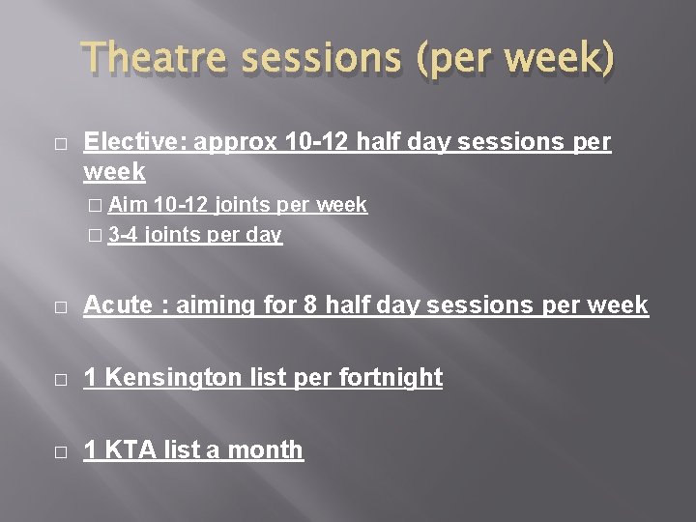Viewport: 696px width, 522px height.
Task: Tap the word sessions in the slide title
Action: coord(314,60)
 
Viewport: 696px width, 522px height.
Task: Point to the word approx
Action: coord(238,142)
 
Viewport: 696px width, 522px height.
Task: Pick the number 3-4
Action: coord(123,235)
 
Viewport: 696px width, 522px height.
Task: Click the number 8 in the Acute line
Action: coord(311,305)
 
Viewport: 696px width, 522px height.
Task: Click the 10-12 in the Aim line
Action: coord(184,205)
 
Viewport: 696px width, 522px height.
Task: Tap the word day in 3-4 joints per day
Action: coord(264,235)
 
